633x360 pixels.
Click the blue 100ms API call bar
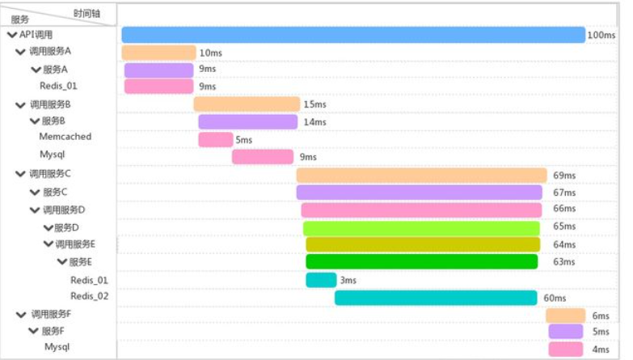(353, 35)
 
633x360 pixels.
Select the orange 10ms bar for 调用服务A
(158, 53)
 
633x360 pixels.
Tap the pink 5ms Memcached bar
(216, 140)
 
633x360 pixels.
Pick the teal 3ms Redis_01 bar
(321, 280)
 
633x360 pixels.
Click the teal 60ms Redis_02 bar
(436, 298)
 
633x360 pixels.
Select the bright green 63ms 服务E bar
(422, 261)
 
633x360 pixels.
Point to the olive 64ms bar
(423, 244)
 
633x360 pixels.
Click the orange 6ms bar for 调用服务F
(566, 316)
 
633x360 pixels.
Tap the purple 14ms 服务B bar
(248, 121)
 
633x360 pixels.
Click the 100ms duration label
(601, 35)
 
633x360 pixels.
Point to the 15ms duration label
(315, 104)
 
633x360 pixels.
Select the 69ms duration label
(564, 176)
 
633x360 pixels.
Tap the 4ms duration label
(601, 349)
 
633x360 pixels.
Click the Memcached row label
(65, 137)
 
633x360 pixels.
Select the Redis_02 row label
(89, 296)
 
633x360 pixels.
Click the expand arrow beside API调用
(12, 35)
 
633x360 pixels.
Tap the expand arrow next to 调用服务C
(20, 174)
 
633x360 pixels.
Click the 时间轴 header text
(87, 14)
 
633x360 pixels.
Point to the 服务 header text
(19, 19)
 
